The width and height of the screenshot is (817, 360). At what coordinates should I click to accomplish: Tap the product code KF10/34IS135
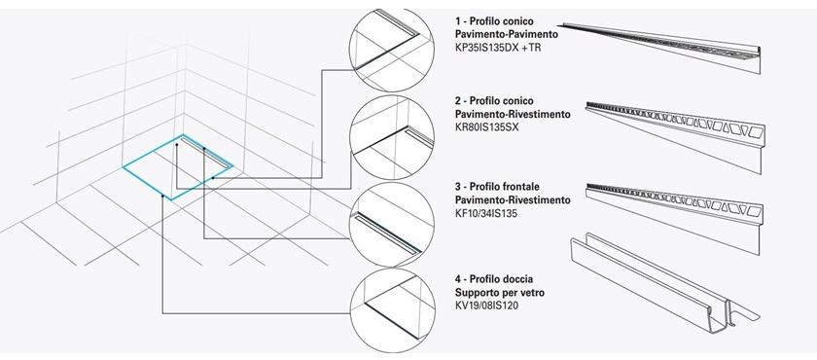pyautogui.click(x=488, y=212)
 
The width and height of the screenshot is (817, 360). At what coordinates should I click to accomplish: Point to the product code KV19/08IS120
pyautogui.click(x=490, y=304)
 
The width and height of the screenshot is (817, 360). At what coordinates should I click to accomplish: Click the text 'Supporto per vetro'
pyautogui.click(x=500, y=291)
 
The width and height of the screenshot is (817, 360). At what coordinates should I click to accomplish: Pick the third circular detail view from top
pyautogui.click(x=388, y=220)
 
